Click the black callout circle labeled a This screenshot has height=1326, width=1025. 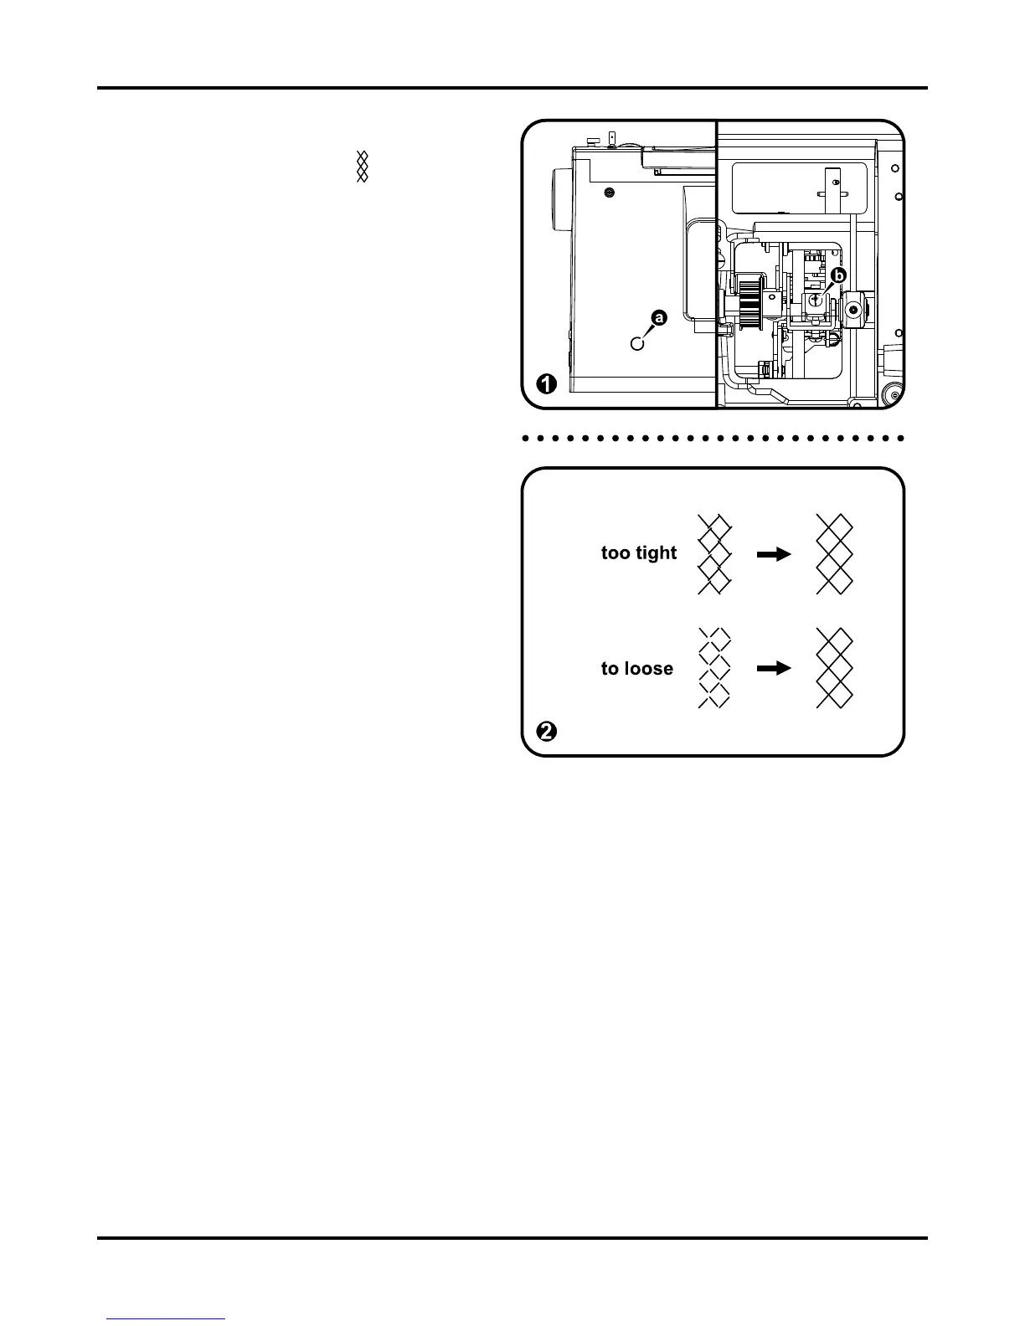coord(660,318)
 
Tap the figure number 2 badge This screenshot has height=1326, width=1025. coord(546,732)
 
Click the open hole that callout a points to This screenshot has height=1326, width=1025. coord(637,342)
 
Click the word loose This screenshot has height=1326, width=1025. coord(649,669)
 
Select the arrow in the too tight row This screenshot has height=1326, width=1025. coord(774,553)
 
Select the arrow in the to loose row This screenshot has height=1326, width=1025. coord(774,669)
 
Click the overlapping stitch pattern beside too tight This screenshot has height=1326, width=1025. coord(714,554)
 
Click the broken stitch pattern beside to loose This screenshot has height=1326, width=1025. coord(714,669)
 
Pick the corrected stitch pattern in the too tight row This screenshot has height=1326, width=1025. coord(834,554)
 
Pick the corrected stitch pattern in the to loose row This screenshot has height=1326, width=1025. coord(834,669)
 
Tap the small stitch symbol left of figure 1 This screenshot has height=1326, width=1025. coord(363,167)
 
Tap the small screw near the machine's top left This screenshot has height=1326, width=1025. coord(609,193)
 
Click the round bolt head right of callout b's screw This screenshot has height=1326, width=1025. coord(853,310)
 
